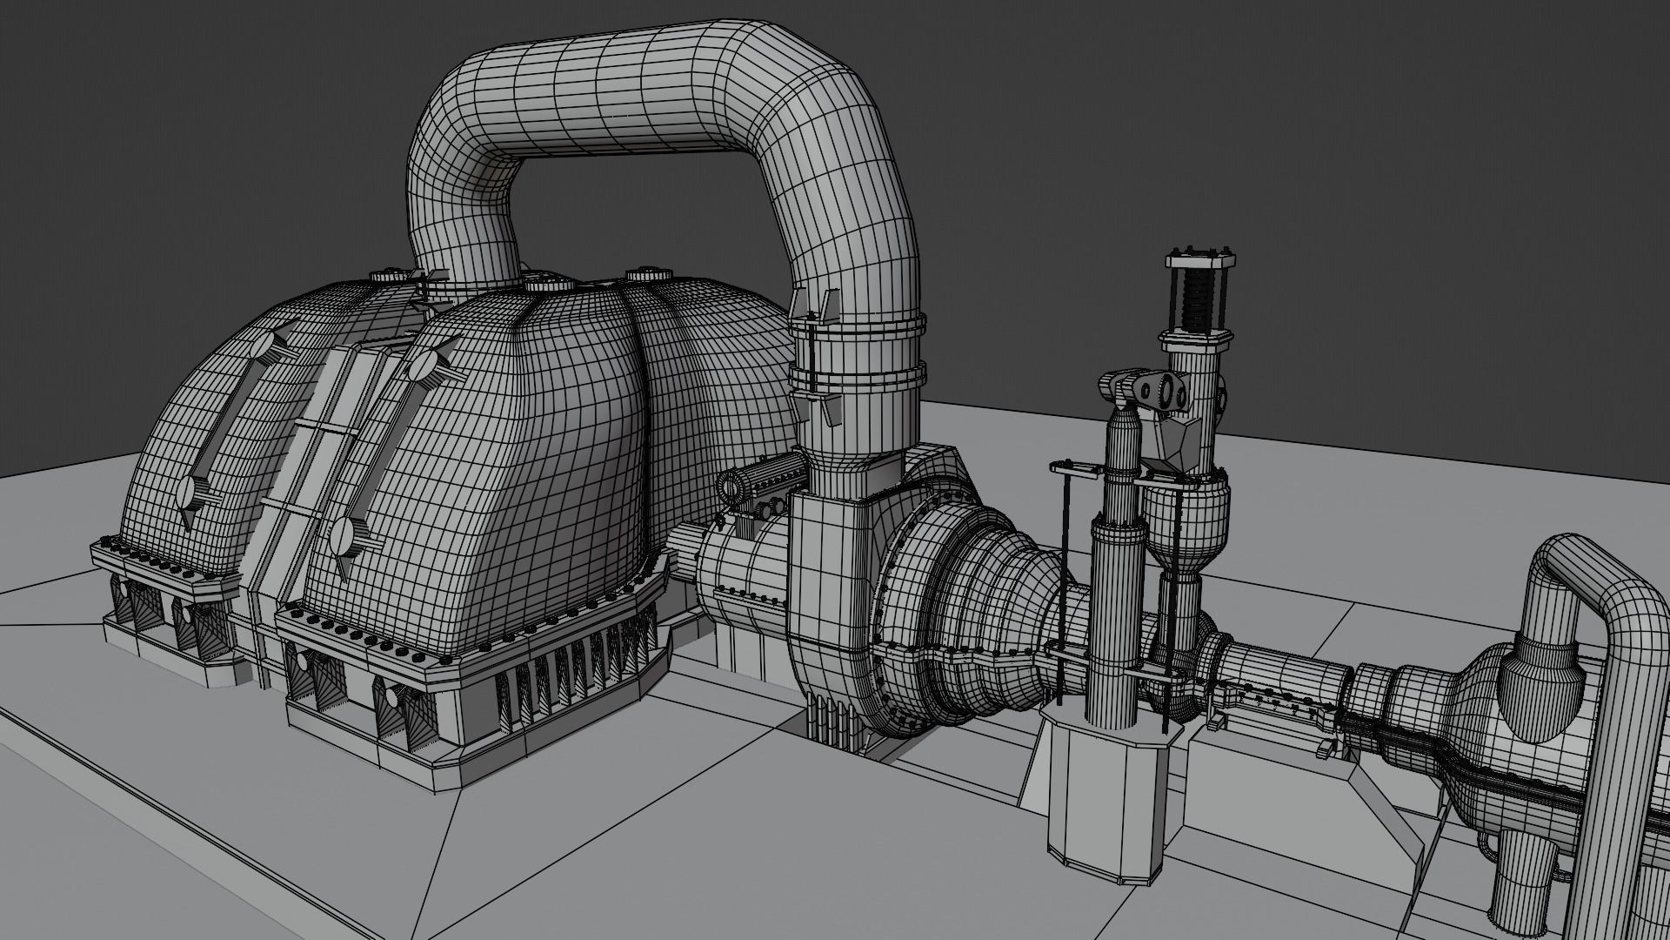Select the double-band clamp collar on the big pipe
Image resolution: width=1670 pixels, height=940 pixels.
(x=856, y=358)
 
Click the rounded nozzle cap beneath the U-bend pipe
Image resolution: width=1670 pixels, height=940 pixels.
(x=1535, y=696)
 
